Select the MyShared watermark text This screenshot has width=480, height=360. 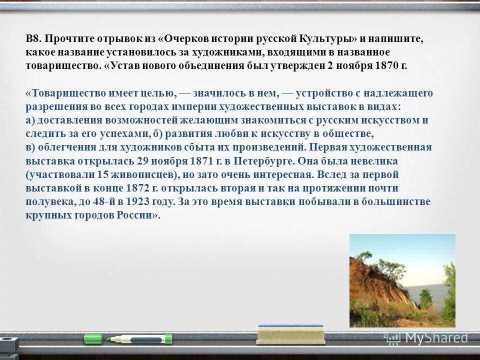click(436, 338)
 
